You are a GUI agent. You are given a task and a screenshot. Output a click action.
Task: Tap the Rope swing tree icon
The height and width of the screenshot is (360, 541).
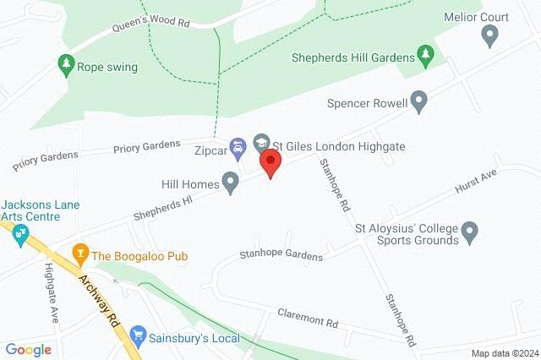(x=64, y=64)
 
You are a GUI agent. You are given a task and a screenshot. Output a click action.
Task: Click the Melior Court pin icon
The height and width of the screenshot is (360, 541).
(x=489, y=35)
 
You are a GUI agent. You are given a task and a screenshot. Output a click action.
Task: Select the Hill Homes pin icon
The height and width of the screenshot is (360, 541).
(x=230, y=182)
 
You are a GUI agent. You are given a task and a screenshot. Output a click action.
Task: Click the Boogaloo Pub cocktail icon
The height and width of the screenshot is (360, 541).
(x=80, y=254)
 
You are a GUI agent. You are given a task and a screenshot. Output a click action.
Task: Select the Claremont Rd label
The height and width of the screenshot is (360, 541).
(x=308, y=318)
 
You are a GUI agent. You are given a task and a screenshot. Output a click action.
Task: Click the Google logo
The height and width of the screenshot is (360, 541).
(x=28, y=349)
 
